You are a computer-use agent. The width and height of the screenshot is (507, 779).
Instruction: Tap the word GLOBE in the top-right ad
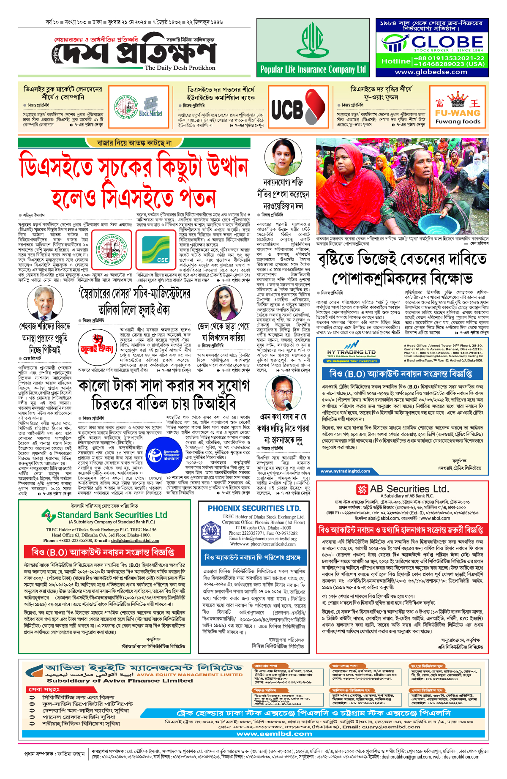(447, 42)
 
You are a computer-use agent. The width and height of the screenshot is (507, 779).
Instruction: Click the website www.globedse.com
(431, 72)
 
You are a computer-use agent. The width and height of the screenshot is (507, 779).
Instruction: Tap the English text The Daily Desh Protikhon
(180, 68)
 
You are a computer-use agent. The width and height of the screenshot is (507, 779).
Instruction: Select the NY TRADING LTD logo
(351, 352)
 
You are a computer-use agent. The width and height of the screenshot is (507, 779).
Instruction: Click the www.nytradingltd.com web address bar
(346, 471)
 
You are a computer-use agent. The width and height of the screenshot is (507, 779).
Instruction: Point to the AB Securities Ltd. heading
(403, 489)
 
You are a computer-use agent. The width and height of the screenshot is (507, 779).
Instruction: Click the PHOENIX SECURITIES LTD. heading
(254, 508)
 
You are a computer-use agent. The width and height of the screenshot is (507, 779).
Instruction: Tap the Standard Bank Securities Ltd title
(112, 515)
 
